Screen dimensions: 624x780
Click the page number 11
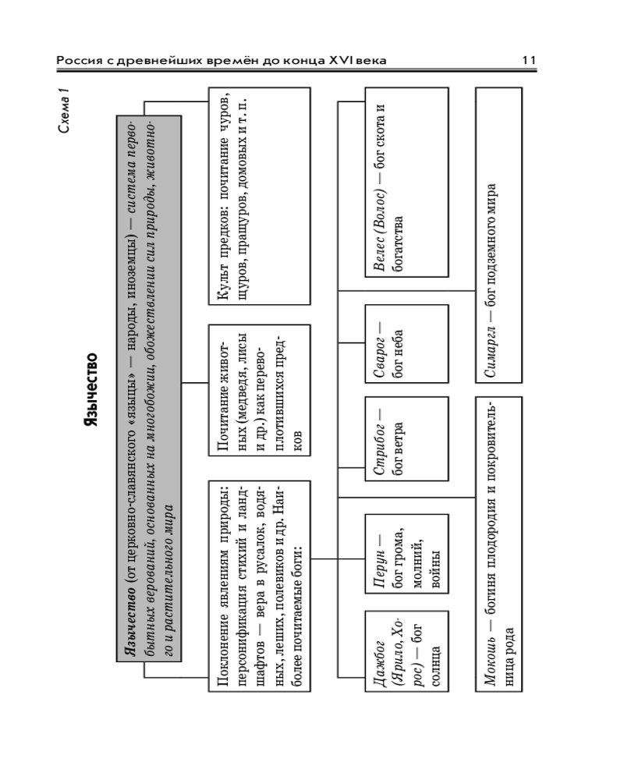(x=529, y=60)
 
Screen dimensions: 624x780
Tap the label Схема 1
(x=64, y=111)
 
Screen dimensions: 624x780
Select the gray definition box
(x=149, y=388)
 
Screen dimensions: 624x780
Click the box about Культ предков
(x=259, y=196)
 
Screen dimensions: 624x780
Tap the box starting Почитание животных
(x=259, y=390)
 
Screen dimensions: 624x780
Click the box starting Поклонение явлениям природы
(x=259, y=586)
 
